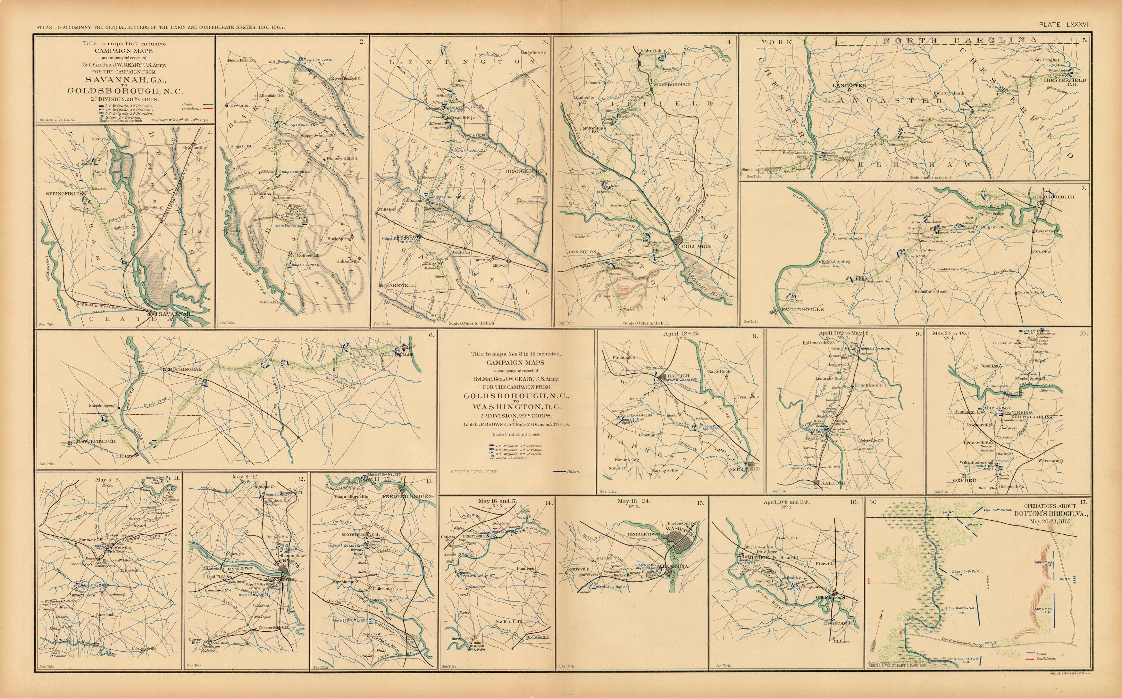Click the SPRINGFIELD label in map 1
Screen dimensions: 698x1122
coord(63,194)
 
